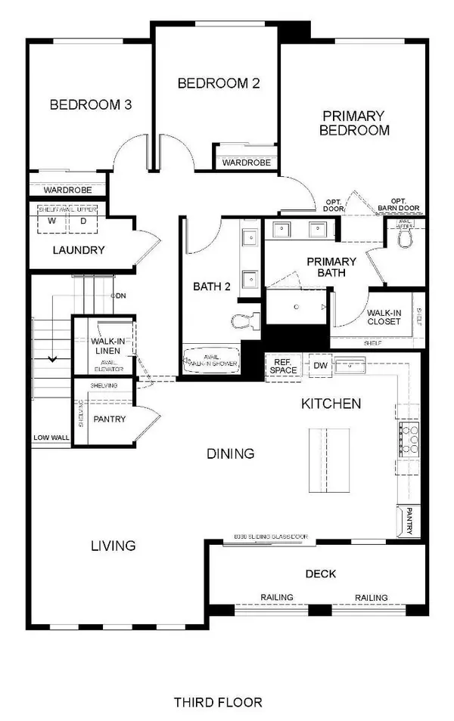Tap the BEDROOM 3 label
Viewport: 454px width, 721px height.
coord(91,105)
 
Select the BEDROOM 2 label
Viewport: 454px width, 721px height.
coord(219,83)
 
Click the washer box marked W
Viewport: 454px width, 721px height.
coord(52,221)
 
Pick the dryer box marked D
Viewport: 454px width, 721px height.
coord(82,221)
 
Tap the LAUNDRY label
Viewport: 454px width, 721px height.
coord(78,250)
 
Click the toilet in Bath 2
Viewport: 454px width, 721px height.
coord(243,322)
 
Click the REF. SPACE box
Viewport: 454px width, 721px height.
coord(285,367)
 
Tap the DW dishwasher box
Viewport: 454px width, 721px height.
coord(320,366)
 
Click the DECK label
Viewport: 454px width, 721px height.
coord(322,574)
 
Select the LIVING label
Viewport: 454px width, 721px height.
coord(113,545)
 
